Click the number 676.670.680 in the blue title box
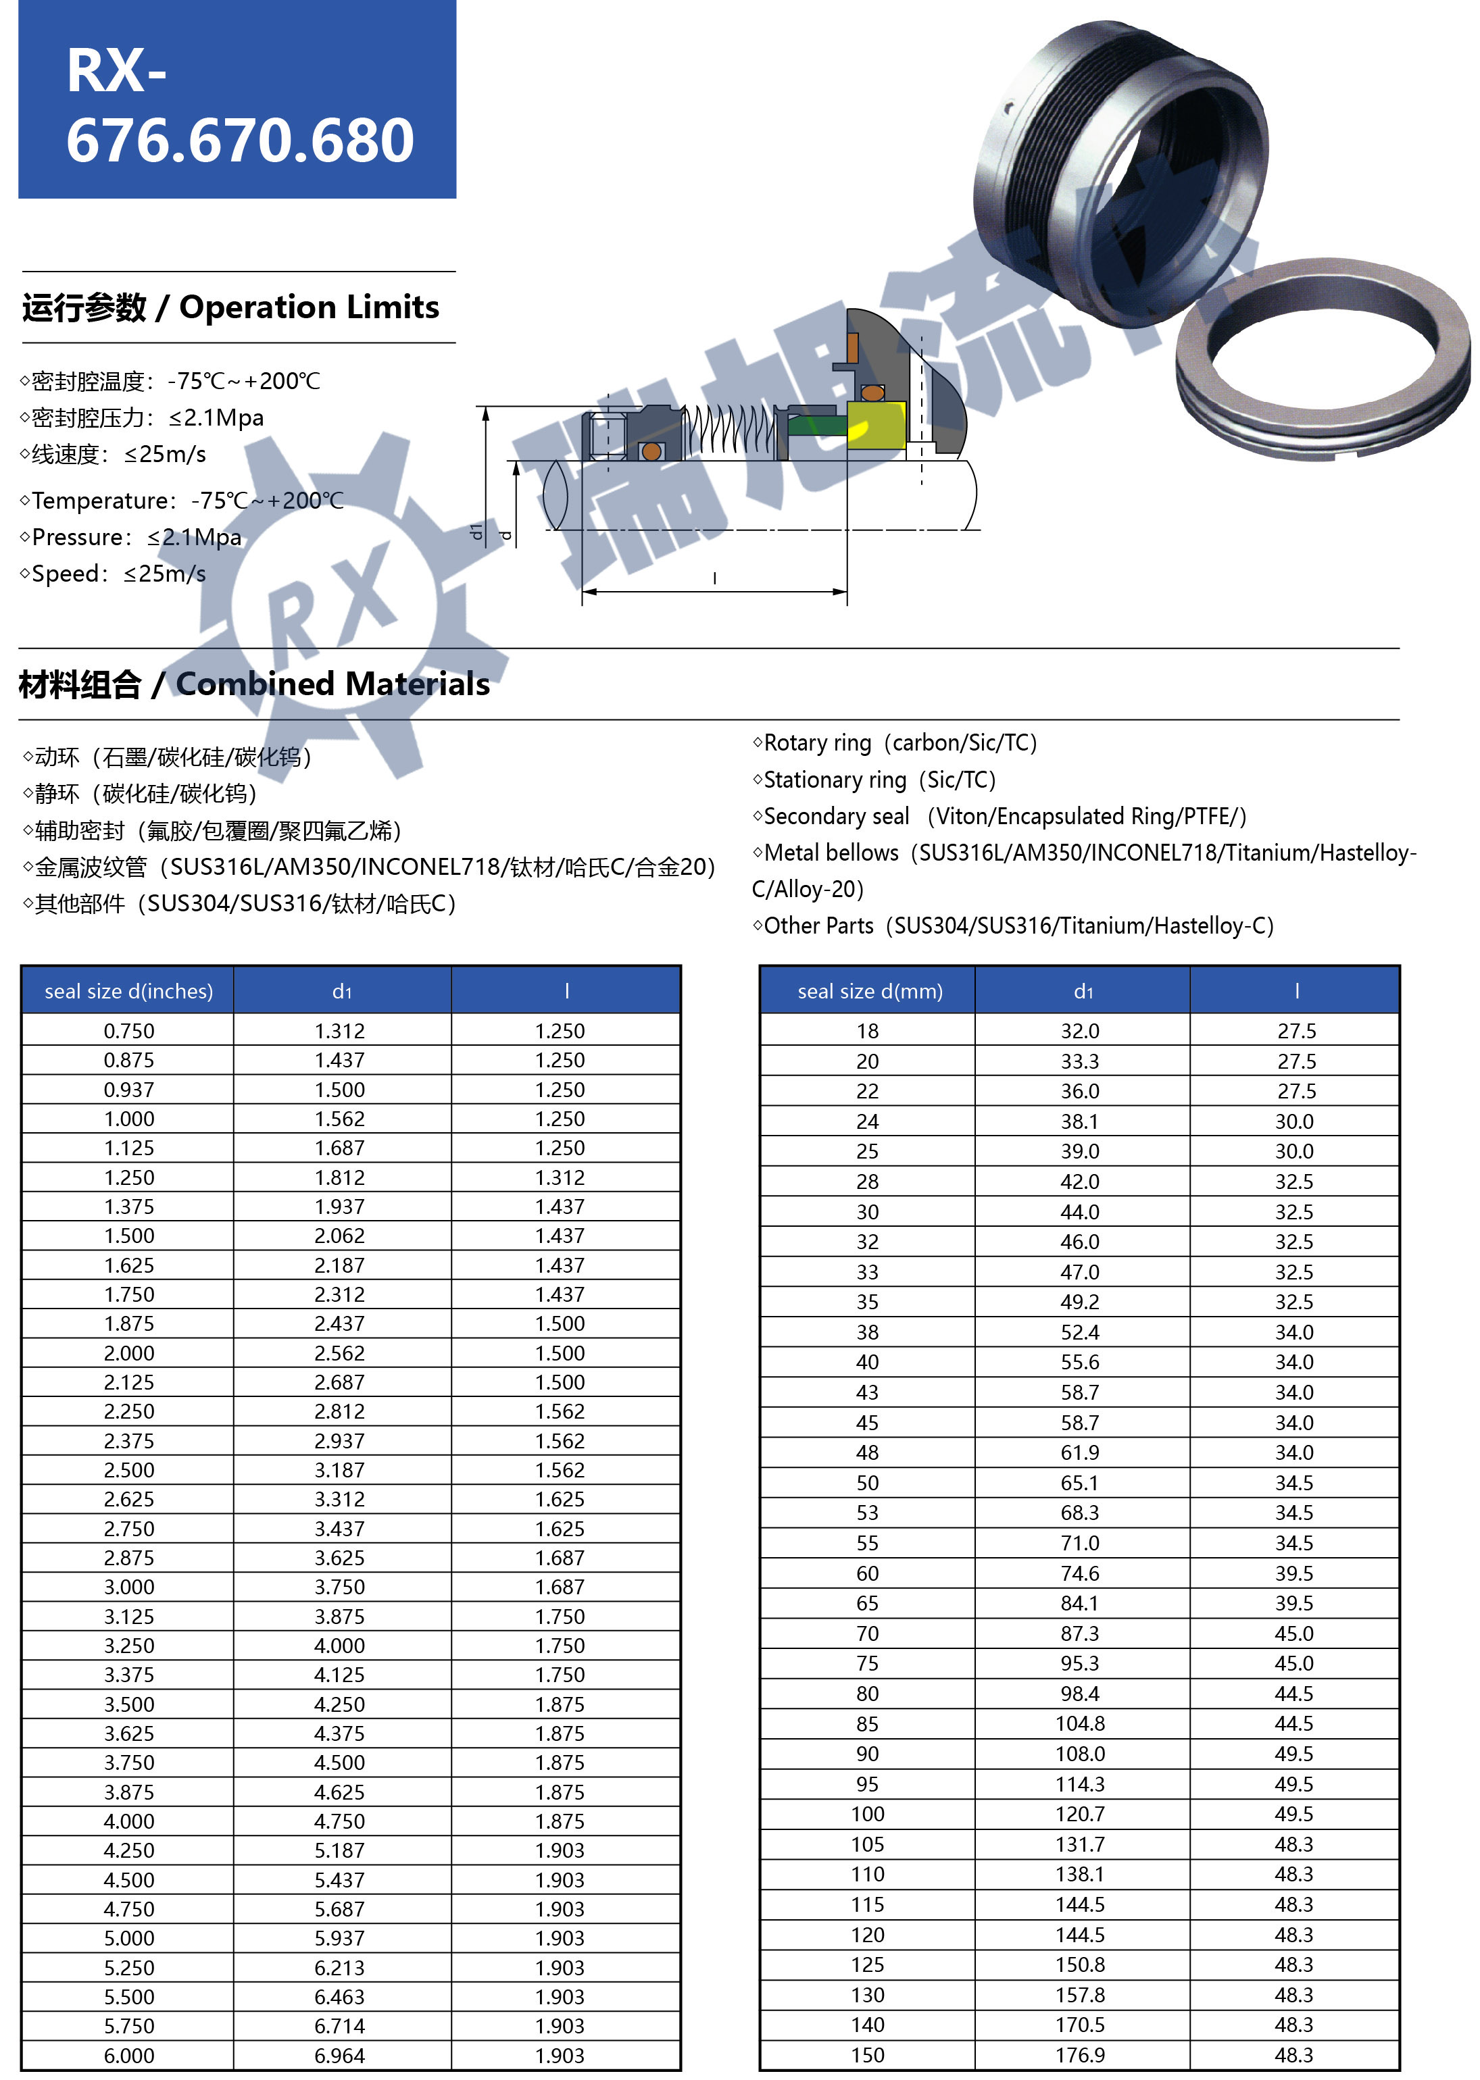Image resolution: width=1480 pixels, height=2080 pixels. (x=240, y=141)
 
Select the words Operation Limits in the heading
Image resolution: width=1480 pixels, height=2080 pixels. (x=309, y=307)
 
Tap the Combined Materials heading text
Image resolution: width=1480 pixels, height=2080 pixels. (x=332, y=683)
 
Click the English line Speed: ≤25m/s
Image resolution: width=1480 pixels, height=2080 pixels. (x=118, y=574)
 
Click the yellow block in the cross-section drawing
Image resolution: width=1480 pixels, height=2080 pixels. (x=875, y=426)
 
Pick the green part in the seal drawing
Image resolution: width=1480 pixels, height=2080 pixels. (x=816, y=426)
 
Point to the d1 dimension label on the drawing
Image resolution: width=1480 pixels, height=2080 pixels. (x=476, y=531)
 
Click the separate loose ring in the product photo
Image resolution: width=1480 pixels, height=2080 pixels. (x=1321, y=360)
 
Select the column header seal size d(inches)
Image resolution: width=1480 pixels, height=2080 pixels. (x=128, y=991)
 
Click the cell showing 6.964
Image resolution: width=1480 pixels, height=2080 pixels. (x=339, y=2056)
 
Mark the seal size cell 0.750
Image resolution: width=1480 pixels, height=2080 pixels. (x=128, y=1032)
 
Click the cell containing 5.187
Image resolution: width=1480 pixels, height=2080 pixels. (x=339, y=1850)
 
